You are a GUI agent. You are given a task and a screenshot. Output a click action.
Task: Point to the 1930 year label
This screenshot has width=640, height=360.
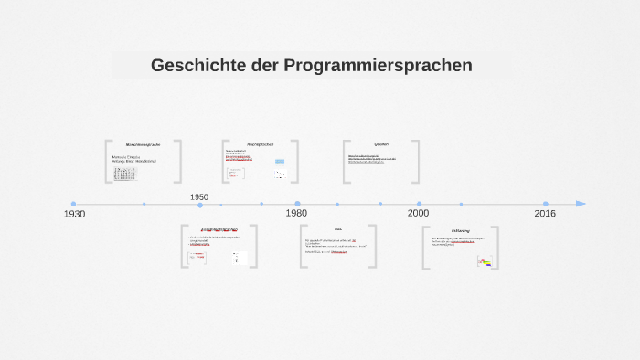point(74,214)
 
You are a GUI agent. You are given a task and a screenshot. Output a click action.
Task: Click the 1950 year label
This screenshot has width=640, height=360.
point(199,197)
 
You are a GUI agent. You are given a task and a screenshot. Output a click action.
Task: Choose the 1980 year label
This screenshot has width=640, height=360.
point(296,213)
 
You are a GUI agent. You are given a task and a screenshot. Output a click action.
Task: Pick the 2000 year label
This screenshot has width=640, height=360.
point(418,213)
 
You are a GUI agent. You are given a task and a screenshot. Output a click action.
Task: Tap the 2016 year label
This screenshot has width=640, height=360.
point(545,213)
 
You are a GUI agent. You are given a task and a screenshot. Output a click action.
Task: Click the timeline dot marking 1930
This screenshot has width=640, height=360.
point(74,204)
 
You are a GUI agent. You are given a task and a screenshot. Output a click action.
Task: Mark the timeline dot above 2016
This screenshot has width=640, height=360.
point(546,204)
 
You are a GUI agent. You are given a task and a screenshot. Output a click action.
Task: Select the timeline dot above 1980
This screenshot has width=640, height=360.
point(297,204)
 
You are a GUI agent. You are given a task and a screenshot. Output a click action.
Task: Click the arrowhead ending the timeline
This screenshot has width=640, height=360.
point(581,204)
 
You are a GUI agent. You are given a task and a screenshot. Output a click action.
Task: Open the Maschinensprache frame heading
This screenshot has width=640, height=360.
point(143,145)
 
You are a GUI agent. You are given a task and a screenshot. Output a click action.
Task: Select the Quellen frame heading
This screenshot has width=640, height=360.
point(381,144)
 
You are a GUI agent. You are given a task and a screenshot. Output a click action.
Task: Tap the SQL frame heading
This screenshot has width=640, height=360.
point(338,229)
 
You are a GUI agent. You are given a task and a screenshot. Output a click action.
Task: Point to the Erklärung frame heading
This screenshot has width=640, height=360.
point(460,230)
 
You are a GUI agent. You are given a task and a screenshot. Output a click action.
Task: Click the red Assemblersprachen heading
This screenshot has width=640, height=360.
point(219,230)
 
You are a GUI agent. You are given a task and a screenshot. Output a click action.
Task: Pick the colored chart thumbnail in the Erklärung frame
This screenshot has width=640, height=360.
point(485,261)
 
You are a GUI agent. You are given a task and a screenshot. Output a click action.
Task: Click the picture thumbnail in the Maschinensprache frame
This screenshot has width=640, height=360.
point(125,173)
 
